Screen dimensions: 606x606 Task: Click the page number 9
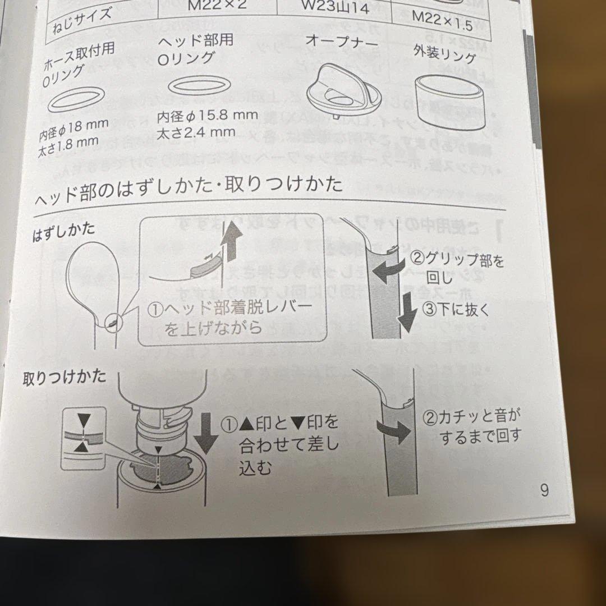pyautogui.click(x=544, y=490)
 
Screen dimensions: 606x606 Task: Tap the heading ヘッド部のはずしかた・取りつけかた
pyautogui.click(x=189, y=190)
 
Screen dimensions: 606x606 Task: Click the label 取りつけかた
pyautogui.click(x=64, y=377)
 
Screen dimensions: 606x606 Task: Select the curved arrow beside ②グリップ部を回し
pyautogui.click(x=390, y=270)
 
